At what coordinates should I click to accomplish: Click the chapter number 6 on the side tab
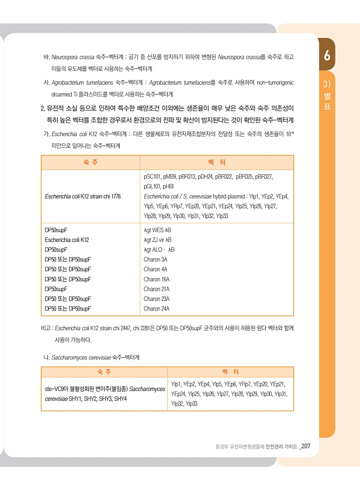[x=327, y=56]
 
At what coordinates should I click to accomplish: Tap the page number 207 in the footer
[x=310, y=447]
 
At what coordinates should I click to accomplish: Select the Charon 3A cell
[x=155, y=259]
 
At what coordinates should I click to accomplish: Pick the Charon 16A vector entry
[x=157, y=279]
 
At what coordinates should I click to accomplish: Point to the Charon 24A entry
[x=157, y=308]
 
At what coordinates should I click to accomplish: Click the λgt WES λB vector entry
[x=157, y=230]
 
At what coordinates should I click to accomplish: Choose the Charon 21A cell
[x=157, y=289]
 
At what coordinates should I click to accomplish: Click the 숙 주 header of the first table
[x=90, y=161]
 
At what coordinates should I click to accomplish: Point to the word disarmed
[x=63, y=94]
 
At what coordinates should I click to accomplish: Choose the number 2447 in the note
[x=123, y=329]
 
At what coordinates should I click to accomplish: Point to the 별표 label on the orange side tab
[x=327, y=99]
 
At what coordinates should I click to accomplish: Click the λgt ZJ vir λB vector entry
[x=158, y=240]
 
